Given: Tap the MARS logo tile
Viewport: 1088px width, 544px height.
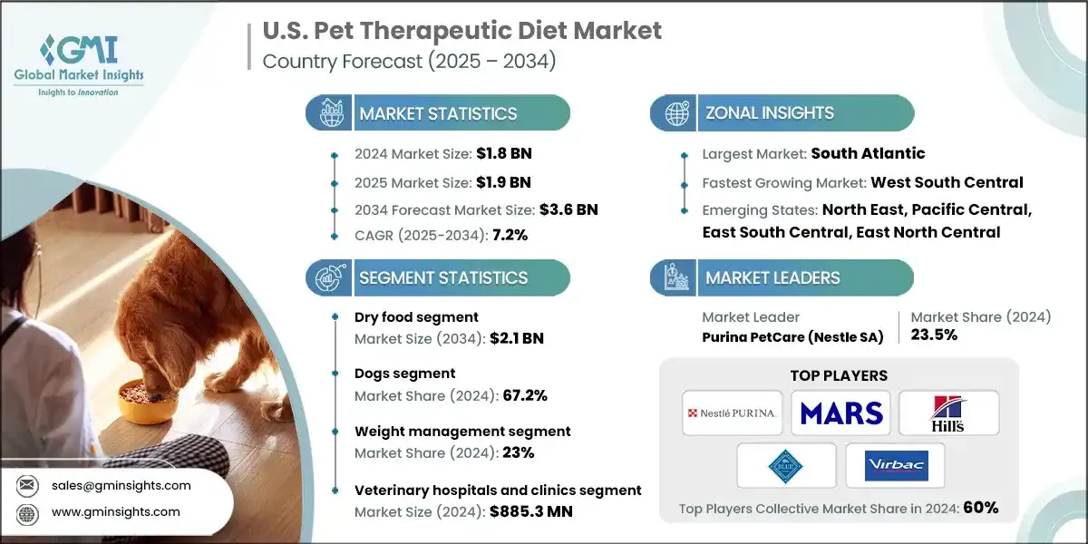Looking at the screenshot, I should click(840, 413).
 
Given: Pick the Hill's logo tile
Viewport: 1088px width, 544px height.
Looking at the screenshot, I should click(948, 413).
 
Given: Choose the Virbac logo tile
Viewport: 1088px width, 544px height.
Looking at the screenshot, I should click(894, 465).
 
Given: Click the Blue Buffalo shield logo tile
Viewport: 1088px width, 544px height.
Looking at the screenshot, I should click(786, 465).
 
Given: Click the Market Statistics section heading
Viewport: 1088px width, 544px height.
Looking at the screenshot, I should click(438, 113).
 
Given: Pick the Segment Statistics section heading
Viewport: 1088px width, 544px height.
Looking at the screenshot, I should click(443, 277).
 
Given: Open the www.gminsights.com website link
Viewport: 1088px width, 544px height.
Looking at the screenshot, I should click(115, 512).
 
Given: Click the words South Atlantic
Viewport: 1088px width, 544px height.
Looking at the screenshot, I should click(868, 154).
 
